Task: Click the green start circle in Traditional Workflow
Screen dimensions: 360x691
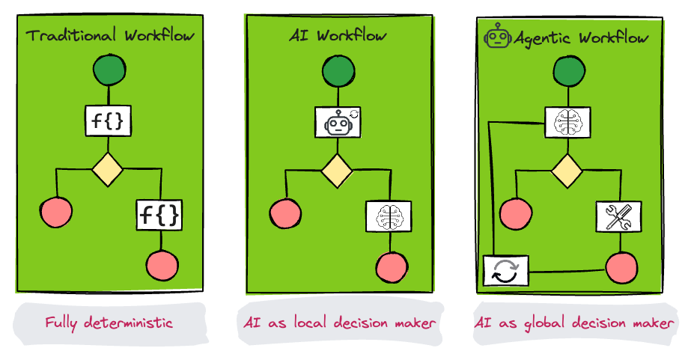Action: (x=109, y=72)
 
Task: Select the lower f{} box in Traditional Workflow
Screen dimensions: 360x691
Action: (x=159, y=215)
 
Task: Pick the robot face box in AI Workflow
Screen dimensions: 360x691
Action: (x=338, y=121)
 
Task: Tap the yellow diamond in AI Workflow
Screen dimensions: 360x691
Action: (x=337, y=171)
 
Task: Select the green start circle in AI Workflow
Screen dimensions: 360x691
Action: (x=338, y=72)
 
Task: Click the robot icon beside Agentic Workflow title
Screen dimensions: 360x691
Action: (x=498, y=36)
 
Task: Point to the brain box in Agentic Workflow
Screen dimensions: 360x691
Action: (x=567, y=121)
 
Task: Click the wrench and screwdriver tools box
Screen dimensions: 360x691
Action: (x=618, y=216)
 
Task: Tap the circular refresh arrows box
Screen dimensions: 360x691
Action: (x=506, y=270)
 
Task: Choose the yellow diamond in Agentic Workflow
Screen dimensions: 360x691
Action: (x=567, y=171)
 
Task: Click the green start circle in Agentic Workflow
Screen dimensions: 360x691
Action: (x=567, y=72)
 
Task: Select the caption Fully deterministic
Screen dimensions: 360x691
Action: (x=109, y=323)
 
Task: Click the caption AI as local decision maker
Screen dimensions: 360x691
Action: (x=340, y=323)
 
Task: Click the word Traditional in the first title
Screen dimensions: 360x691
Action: (x=73, y=34)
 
